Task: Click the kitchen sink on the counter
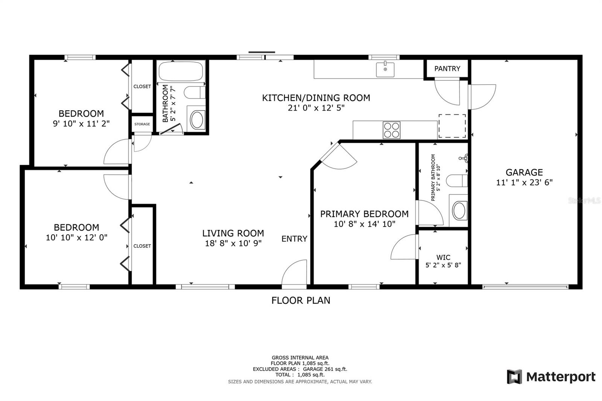click(385, 69)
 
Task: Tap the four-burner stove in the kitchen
click(392, 130)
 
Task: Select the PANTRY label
click(447, 69)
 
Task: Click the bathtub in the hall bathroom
click(181, 71)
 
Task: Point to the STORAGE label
click(142, 124)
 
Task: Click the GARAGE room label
click(524, 172)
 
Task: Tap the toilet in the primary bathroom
click(457, 181)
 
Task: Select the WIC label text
click(443, 257)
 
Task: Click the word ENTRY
click(294, 238)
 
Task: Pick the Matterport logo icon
click(514, 377)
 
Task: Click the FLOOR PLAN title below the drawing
click(301, 300)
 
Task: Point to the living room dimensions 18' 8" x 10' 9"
click(233, 243)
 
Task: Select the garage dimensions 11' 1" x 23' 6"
click(524, 182)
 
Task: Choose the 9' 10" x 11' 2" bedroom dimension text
click(81, 124)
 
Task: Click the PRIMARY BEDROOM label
click(364, 214)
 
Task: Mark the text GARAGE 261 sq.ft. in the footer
click(325, 369)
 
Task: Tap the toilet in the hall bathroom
click(195, 93)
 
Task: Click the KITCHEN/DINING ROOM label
click(316, 98)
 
